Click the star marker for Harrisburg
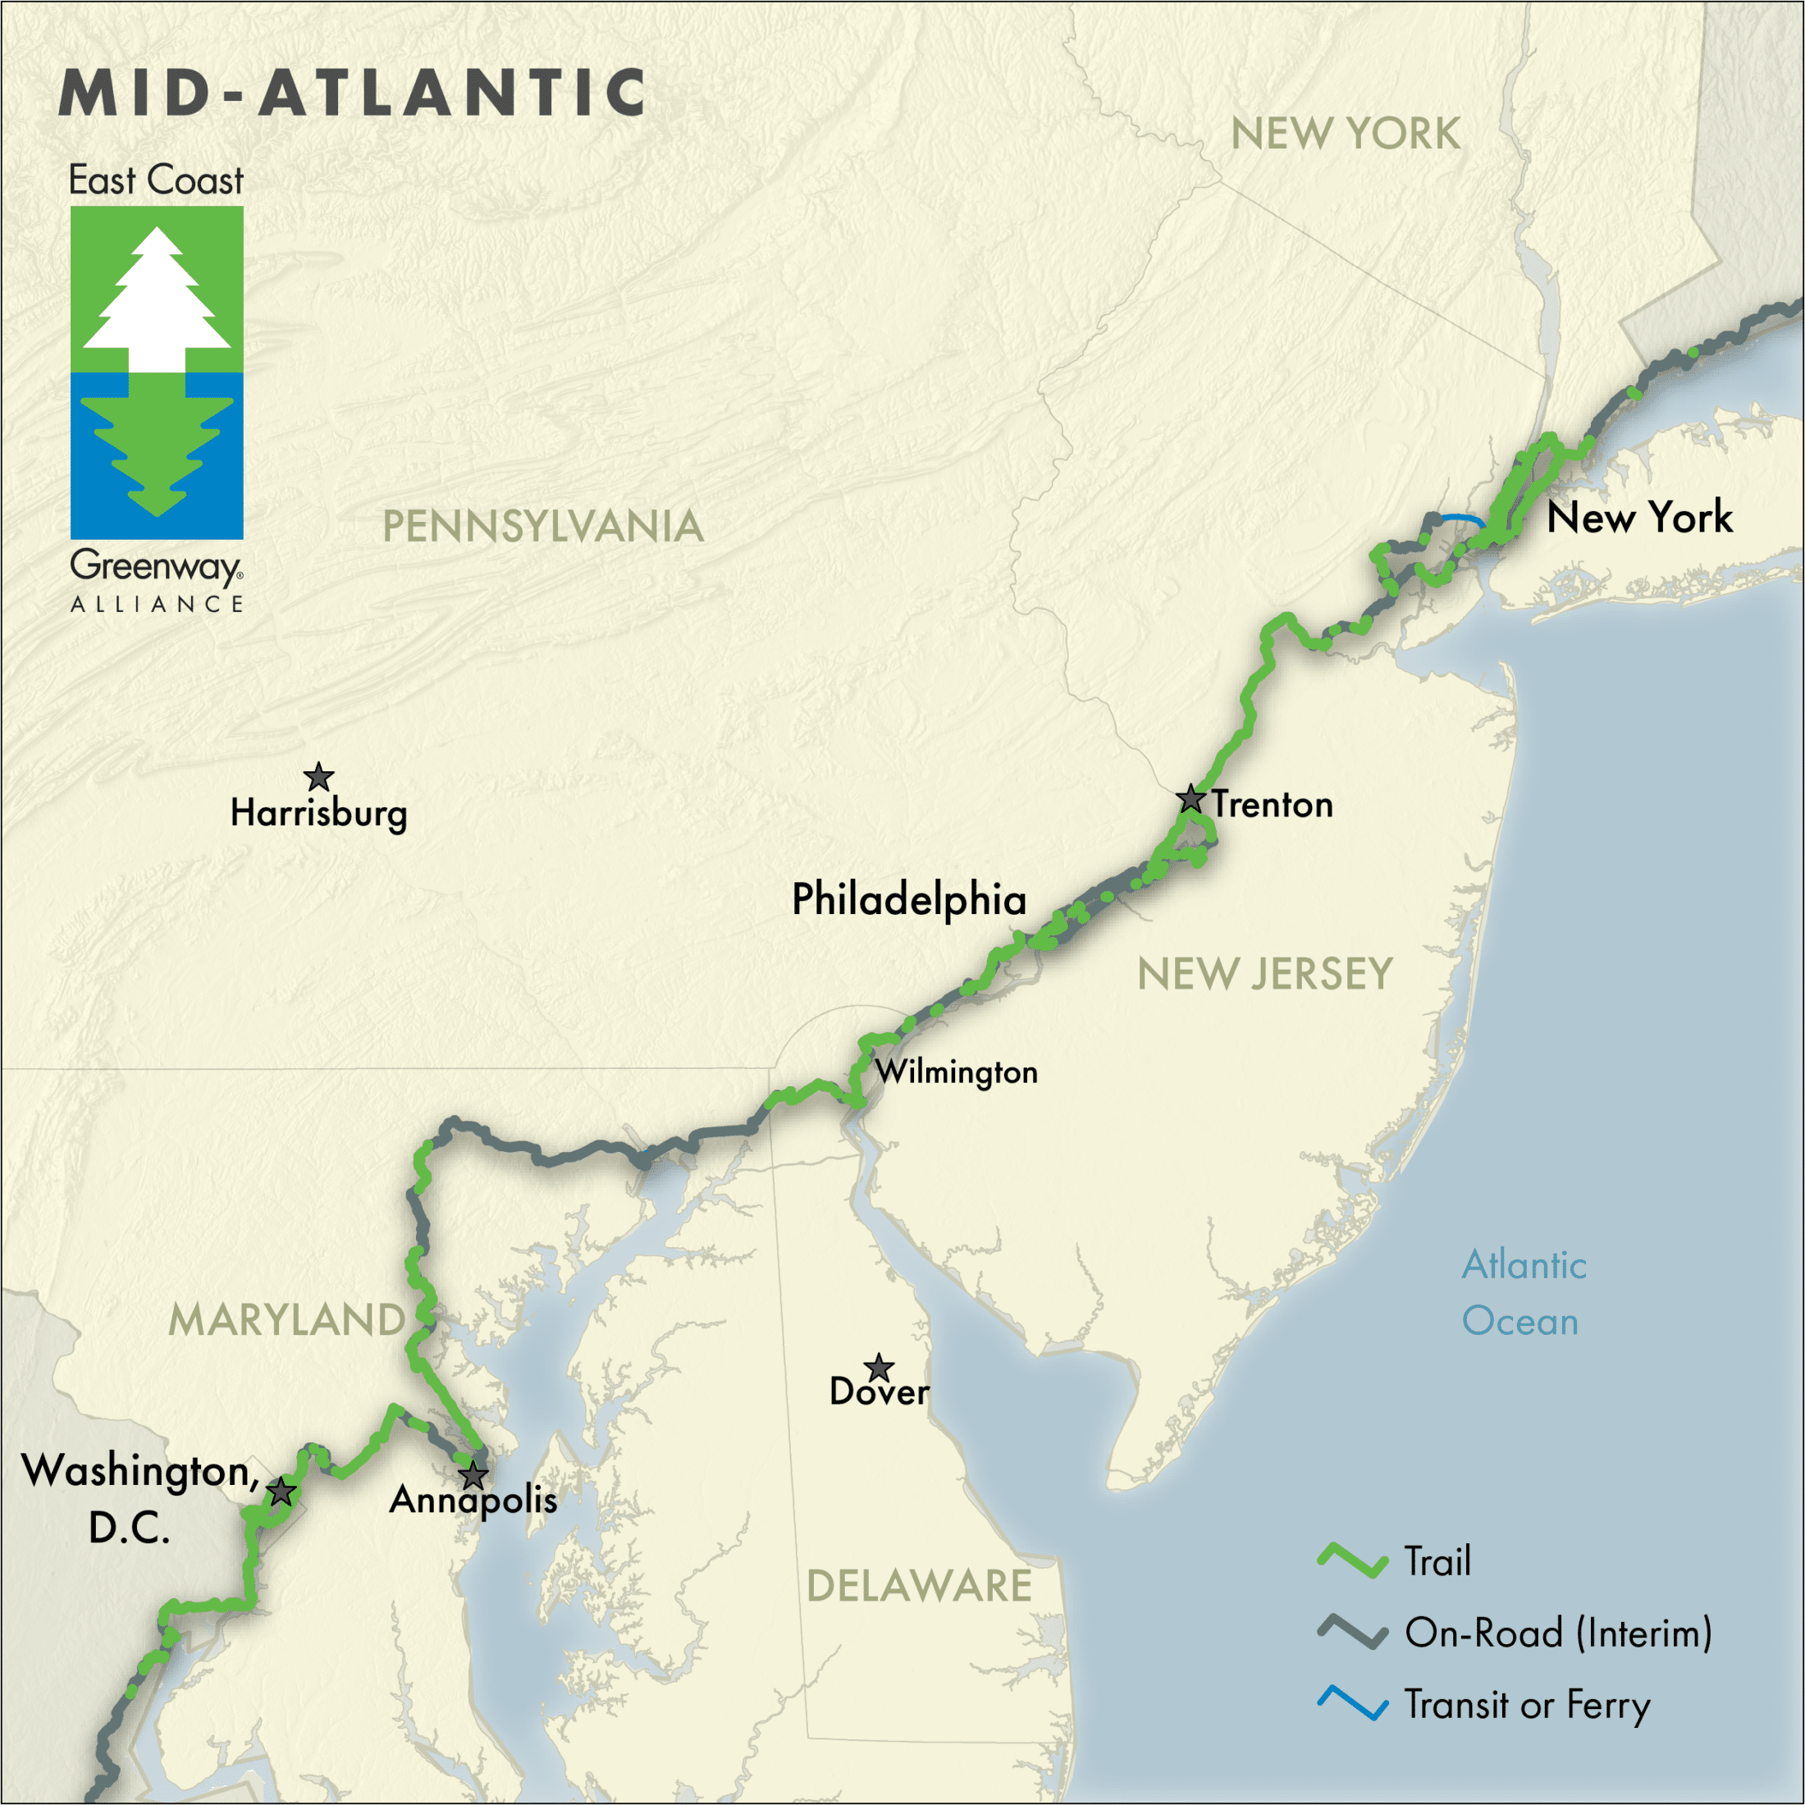[318, 776]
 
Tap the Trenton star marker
[1190, 799]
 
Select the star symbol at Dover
[878, 1368]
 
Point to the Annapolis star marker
[473, 1476]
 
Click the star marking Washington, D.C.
[281, 1492]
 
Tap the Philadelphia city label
[908, 898]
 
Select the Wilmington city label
[956, 1072]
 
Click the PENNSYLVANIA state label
[543, 526]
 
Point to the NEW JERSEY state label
[1264, 975]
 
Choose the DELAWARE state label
[918, 1585]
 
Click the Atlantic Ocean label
[1523, 1293]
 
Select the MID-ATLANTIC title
[352, 93]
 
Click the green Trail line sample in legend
[1352, 1561]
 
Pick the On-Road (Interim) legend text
[1557, 1632]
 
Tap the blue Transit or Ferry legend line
[1352, 1703]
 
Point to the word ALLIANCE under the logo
[157, 605]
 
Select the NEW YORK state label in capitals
[1345, 134]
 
